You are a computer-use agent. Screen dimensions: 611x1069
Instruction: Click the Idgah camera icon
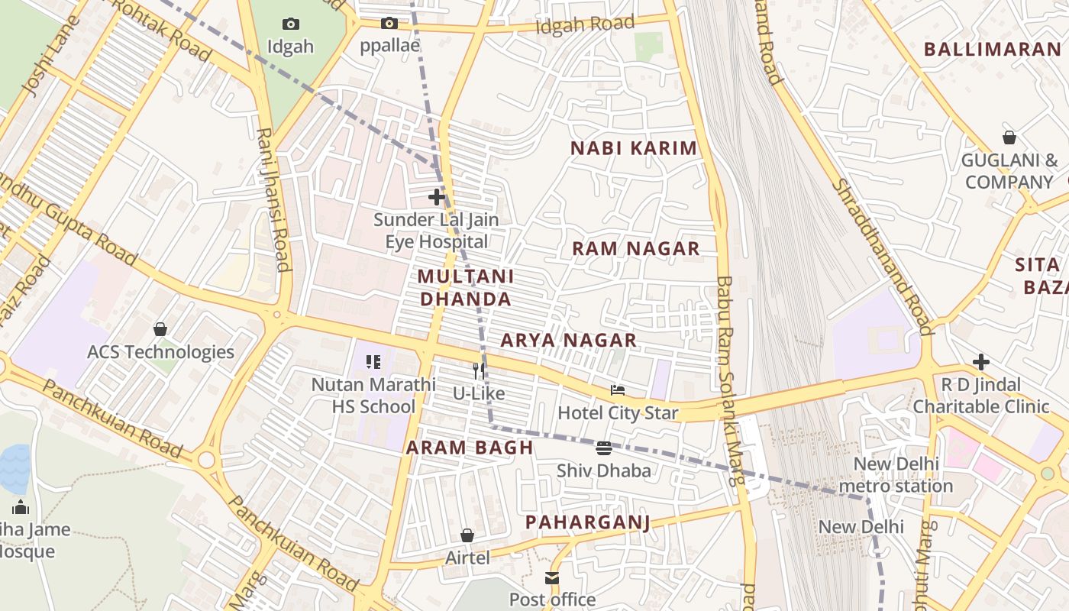tap(291, 24)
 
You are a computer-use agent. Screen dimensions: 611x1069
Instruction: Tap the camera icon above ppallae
tap(389, 23)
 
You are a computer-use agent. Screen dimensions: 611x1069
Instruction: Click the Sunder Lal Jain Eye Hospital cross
tap(437, 197)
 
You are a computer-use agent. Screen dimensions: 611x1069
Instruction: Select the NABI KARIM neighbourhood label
tap(634, 148)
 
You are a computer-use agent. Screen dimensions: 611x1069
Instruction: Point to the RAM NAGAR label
tap(635, 248)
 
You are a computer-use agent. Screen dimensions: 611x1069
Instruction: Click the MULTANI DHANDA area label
tap(466, 287)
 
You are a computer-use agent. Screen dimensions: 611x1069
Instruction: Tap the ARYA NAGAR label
tap(568, 340)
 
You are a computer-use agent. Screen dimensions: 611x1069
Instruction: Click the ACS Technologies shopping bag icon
tap(160, 329)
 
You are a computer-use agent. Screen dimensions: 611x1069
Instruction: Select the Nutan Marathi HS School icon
tap(373, 362)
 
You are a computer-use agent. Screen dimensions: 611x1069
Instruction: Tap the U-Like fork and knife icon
tap(479, 371)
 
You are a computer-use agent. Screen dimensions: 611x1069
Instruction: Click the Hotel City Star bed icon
tap(618, 391)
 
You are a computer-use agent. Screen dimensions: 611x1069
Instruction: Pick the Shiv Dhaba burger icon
tap(604, 448)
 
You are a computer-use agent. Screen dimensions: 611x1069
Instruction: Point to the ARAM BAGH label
tap(470, 448)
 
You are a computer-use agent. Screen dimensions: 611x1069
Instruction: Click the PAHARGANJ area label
tap(587, 522)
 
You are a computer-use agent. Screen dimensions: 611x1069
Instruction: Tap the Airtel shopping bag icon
tap(467, 536)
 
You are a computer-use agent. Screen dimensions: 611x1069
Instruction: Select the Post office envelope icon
tap(552, 578)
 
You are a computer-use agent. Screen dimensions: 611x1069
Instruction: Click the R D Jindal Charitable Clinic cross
tap(981, 361)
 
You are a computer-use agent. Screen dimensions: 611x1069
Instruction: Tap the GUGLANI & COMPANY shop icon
tap(1009, 137)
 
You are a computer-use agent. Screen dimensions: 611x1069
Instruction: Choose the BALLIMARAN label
tap(992, 50)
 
